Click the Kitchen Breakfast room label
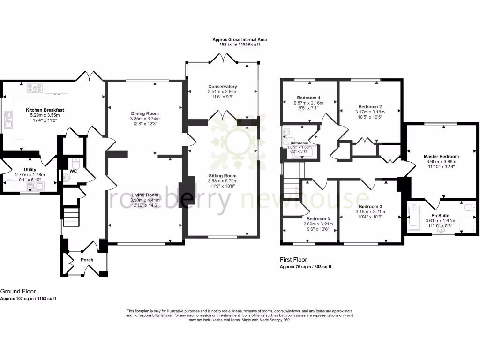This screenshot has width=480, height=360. coord(45,110)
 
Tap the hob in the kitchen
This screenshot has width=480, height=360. coord(35,87)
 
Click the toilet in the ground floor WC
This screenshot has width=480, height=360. coord(76,164)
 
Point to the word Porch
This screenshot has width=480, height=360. coord(87,260)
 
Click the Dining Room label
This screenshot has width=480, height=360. coord(144,113)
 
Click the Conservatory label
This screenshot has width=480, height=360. coord(223,87)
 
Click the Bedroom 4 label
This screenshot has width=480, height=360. coord(308,97)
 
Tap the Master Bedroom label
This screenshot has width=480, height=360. coord(441,157)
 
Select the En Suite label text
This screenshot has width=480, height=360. coord(440,215)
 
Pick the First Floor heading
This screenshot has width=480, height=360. coord(293,259)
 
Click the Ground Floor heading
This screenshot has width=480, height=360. coord(18,291)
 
